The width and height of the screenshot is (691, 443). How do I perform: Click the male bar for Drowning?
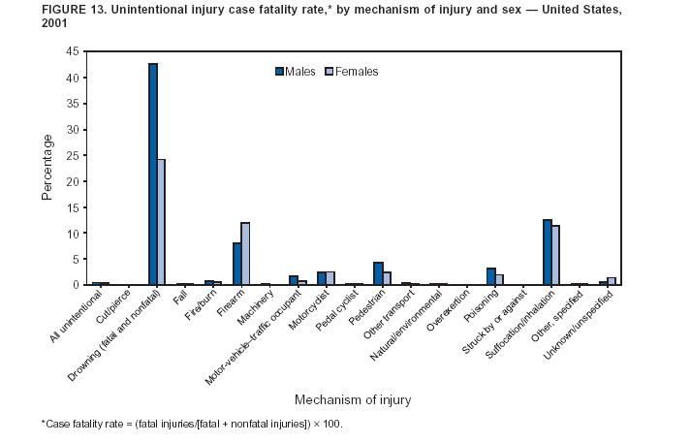coord(153,174)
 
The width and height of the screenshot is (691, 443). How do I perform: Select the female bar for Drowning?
coord(161,222)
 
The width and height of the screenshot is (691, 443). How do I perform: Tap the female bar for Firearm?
coord(245,254)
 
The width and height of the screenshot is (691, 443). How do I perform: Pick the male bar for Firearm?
coord(236,264)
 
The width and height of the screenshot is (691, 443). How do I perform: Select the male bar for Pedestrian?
coord(378,273)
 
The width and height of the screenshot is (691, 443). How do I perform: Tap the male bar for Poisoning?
coord(490,276)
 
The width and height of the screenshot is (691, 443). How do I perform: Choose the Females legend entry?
coord(352,71)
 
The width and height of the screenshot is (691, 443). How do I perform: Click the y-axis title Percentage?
coord(47,168)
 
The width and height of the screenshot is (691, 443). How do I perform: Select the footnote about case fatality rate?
coord(192,425)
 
